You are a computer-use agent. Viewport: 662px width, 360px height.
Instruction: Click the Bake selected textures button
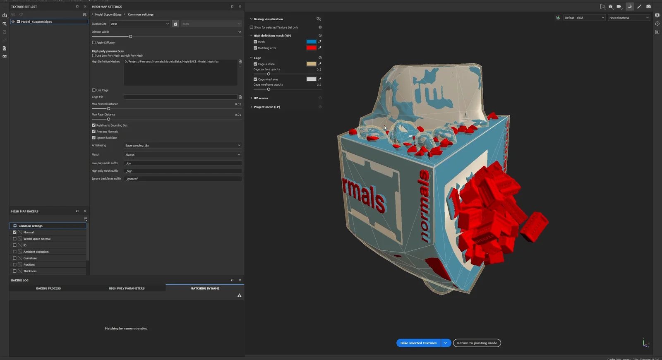(x=418, y=343)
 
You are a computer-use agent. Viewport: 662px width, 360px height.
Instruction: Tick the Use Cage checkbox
(x=94, y=90)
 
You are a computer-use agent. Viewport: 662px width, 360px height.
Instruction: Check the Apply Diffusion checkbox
(x=94, y=43)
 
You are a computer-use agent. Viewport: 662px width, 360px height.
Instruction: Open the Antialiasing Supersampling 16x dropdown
(x=182, y=146)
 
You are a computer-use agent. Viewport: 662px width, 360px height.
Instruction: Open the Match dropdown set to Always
(x=182, y=155)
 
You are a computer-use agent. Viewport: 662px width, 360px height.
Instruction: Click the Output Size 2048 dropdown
(x=139, y=24)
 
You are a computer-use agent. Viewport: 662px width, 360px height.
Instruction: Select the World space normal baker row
(x=37, y=239)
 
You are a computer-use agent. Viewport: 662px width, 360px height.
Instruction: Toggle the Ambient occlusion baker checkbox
(x=14, y=252)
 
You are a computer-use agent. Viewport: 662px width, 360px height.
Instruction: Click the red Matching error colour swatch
(x=311, y=48)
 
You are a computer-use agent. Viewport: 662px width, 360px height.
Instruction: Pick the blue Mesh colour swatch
(x=311, y=42)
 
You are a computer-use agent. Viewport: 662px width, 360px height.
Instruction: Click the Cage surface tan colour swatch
(x=311, y=64)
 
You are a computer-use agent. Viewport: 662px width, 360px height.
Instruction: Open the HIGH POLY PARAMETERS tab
(x=127, y=288)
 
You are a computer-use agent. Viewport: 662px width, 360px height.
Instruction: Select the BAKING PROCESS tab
(x=48, y=288)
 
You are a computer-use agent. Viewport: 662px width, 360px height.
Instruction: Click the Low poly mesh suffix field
(x=182, y=163)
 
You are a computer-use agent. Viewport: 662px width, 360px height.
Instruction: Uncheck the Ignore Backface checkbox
(x=94, y=138)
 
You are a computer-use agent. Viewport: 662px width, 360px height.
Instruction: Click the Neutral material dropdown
(x=629, y=18)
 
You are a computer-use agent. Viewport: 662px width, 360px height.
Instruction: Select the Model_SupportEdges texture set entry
(x=36, y=22)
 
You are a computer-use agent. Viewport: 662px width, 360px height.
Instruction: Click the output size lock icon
(x=175, y=24)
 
